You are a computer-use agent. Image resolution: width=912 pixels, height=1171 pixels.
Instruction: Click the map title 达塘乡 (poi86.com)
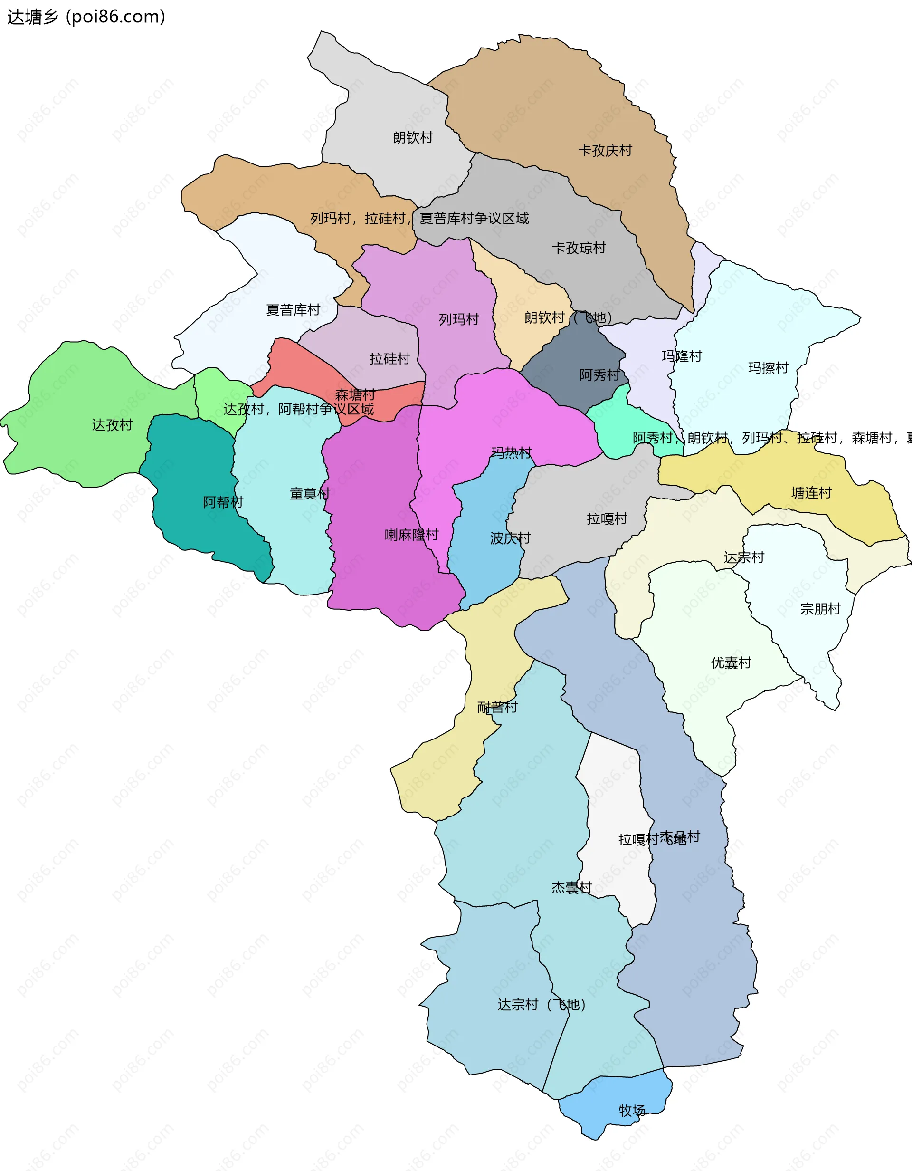tap(85, 17)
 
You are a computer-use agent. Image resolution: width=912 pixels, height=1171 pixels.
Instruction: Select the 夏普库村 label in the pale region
tap(293, 310)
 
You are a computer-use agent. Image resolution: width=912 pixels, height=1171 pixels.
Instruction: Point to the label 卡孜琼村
tap(579, 248)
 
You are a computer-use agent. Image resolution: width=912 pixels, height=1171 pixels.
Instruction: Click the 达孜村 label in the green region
tap(112, 425)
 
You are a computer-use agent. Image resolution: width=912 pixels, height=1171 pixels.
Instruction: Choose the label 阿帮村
tap(223, 502)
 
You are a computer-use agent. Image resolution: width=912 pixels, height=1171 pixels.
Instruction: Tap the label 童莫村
tap(310, 494)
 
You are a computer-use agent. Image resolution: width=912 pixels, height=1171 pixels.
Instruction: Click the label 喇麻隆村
tap(411, 535)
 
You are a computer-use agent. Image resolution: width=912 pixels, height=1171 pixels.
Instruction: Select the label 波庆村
tap(510, 538)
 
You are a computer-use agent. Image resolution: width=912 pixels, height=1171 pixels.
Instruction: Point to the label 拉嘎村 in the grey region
tap(607, 518)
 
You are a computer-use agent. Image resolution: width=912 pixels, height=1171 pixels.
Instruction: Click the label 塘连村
tap(811, 493)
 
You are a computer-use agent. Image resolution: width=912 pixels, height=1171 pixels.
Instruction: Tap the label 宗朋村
tap(820, 609)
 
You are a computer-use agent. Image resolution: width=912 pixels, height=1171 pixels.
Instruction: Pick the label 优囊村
tap(731, 662)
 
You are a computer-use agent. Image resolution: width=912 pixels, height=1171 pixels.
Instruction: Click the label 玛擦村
tap(768, 368)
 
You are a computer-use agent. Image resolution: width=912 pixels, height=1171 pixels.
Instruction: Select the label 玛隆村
tap(681, 356)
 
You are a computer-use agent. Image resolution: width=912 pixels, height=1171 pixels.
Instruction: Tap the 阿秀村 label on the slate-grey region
tap(599, 375)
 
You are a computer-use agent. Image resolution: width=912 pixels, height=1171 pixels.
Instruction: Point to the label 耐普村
tap(497, 707)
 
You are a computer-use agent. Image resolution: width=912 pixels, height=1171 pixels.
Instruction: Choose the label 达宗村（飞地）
tap(541, 1004)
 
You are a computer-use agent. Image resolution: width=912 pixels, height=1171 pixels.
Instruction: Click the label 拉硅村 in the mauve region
tap(389, 359)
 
